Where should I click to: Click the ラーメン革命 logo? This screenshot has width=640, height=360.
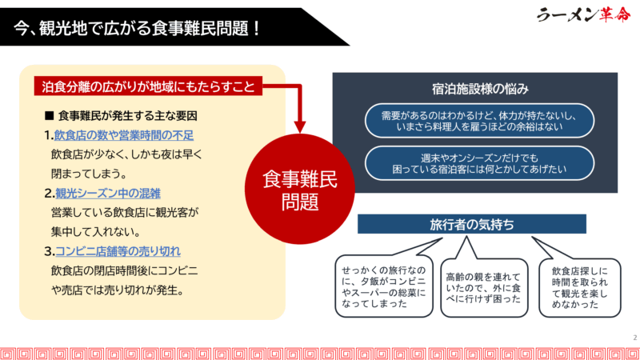click(583, 14)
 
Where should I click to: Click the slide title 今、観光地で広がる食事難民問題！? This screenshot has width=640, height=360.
click(137, 29)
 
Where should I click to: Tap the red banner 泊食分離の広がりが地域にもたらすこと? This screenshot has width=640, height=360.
click(148, 86)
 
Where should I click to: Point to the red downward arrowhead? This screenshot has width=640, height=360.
click(300, 127)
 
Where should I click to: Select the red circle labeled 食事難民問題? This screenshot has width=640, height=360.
click(300, 189)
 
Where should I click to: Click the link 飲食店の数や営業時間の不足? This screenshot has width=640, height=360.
click(124, 135)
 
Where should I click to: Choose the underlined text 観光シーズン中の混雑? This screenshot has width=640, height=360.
click(108, 193)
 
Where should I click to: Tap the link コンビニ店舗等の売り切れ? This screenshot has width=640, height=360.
click(118, 251)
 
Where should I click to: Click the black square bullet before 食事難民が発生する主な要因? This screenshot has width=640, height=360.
click(50, 116)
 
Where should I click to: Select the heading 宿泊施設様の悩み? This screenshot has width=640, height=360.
click(480, 89)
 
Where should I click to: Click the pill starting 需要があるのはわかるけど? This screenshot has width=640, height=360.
click(479, 121)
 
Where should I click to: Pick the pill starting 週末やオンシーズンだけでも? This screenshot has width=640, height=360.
click(479, 163)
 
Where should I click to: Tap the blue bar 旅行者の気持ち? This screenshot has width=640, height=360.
click(472, 224)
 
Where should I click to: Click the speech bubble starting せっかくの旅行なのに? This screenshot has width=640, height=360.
click(384, 286)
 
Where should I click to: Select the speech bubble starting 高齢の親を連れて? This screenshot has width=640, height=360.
click(484, 288)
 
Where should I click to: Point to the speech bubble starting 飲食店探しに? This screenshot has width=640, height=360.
click(579, 288)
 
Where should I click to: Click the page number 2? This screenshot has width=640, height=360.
click(635, 338)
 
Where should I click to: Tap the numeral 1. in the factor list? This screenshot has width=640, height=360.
click(49, 135)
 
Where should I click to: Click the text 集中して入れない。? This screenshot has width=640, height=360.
click(96, 232)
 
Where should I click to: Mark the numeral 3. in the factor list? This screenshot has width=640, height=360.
click(50, 251)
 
